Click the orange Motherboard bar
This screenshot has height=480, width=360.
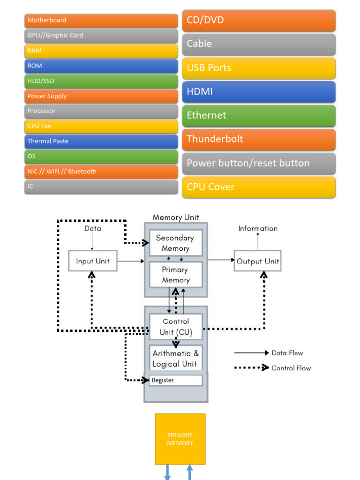[x=101, y=21]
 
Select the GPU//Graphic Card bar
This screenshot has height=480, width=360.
[x=101, y=36]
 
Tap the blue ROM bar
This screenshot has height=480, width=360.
[x=101, y=66]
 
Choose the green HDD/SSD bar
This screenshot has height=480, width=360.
[x=101, y=81]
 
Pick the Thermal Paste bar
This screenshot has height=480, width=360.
[x=101, y=141]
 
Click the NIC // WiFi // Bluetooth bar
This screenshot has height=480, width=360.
[x=101, y=172]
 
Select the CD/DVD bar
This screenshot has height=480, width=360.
[x=259, y=20]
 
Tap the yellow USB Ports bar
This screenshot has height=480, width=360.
[x=259, y=68]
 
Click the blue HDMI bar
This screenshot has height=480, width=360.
[x=259, y=92]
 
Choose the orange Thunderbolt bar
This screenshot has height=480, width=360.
[x=259, y=139]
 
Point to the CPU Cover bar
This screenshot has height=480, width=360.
[x=259, y=187]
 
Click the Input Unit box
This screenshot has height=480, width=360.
[x=92, y=261]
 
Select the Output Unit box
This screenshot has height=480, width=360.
[x=257, y=261]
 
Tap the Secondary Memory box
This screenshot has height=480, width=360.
[x=176, y=243]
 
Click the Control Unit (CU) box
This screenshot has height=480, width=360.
[x=176, y=327]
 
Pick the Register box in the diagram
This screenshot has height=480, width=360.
[x=176, y=380]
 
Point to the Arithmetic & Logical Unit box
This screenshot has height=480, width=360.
[x=176, y=359]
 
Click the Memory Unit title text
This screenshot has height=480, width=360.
[x=176, y=217]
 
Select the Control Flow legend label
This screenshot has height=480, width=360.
[x=291, y=368]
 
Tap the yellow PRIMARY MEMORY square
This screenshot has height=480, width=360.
[x=180, y=439]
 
